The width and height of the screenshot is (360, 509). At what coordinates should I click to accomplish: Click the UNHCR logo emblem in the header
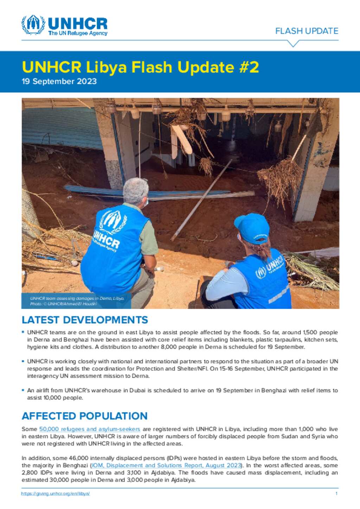point(33,25)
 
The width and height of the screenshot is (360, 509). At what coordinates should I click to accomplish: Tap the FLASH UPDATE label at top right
point(307,31)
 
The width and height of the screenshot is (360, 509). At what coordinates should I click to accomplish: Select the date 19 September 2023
point(59,81)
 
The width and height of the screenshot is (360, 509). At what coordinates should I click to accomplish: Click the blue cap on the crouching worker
point(251,227)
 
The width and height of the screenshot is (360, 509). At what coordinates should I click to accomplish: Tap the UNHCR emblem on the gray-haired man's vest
point(113,221)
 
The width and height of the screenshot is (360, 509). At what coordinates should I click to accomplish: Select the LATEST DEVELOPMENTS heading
point(85,320)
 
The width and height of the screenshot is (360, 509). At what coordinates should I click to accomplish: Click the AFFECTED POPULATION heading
point(84,416)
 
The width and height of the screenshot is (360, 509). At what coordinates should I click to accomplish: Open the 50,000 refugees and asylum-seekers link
point(90,429)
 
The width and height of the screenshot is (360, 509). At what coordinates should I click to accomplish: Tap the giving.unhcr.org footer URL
point(56,494)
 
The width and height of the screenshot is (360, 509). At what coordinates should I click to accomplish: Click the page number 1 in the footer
point(336,494)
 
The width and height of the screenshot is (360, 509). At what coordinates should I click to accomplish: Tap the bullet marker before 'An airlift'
point(23,390)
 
